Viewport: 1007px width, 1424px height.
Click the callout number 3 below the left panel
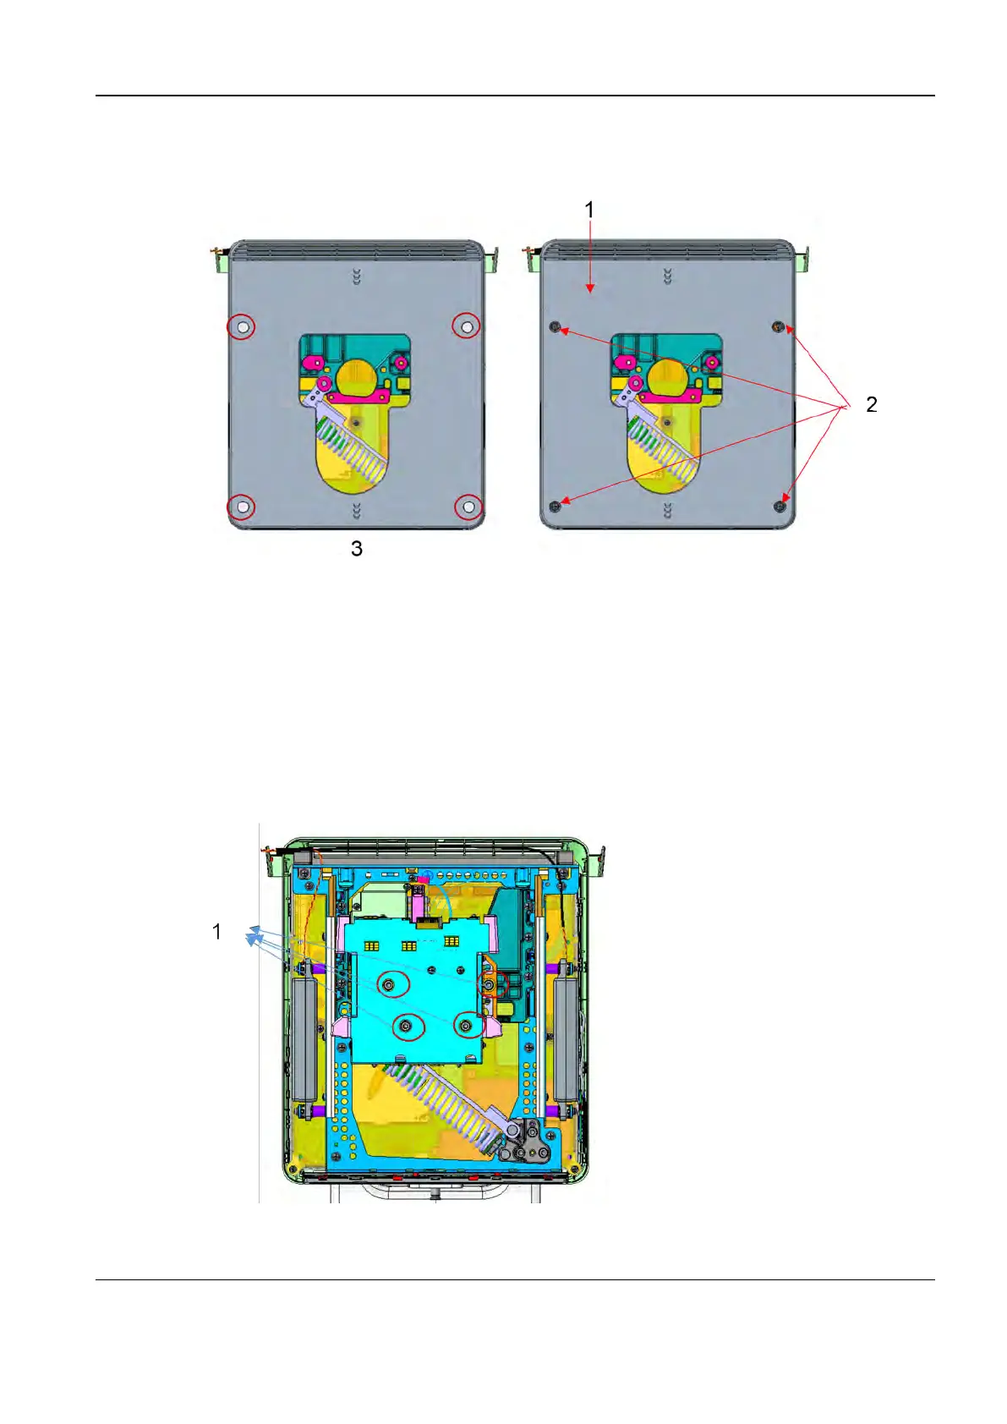[x=357, y=549]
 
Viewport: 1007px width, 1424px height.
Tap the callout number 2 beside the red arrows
[x=872, y=404]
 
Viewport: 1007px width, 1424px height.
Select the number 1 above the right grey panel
[x=589, y=210]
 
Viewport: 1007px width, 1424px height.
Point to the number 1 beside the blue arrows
[x=216, y=932]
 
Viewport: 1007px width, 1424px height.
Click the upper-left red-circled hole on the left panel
[x=242, y=327]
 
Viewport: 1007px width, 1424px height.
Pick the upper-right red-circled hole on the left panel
[x=467, y=326]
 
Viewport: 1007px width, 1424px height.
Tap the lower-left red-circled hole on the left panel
[x=242, y=507]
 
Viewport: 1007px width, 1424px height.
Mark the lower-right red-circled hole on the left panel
[x=468, y=507]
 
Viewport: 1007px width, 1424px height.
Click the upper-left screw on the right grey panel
[x=555, y=326]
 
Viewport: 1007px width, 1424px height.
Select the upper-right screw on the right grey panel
[x=778, y=326]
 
